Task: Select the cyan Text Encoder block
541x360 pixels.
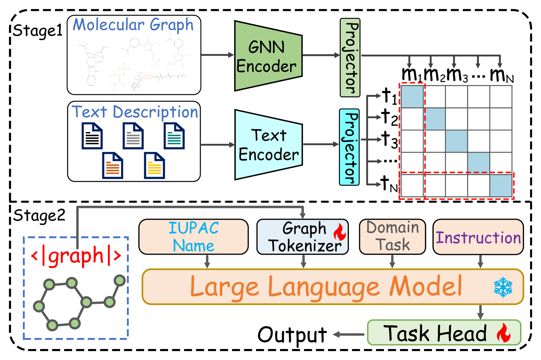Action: [268, 145]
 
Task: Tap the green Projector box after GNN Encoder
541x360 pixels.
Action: [350, 58]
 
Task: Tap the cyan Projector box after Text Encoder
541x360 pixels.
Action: [349, 147]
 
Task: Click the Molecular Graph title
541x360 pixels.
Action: [133, 25]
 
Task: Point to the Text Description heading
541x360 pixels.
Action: [135, 112]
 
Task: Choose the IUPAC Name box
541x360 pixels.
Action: [193, 237]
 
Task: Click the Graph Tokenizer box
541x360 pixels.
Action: [302, 237]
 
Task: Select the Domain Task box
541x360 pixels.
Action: [392, 237]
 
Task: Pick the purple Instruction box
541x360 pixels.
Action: [478, 237]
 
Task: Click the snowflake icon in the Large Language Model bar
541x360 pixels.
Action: [503, 287]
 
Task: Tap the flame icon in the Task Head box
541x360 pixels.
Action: [504, 333]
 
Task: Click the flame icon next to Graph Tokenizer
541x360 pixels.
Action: [340, 232]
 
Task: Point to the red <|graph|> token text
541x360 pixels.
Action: [76, 256]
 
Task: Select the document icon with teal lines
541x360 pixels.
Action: [174, 136]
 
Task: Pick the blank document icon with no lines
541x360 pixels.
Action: [92, 136]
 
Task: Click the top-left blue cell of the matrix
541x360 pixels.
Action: [412, 97]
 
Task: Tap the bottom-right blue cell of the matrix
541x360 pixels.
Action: [501, 185]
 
